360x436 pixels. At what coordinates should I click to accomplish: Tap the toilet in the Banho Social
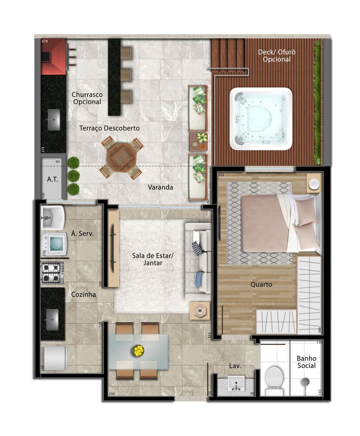tap(274, 378)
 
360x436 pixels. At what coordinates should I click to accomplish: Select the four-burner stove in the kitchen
tap(52, 272)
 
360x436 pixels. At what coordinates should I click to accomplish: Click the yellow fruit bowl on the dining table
tap(139, 350)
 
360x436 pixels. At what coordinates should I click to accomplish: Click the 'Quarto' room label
tap(261, 284)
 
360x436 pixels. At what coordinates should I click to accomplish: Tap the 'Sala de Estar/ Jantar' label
tap(153, 259)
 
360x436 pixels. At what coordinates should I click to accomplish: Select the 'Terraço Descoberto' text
tap(109, 128)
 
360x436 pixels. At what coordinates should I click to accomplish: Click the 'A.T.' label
tap(52, 179)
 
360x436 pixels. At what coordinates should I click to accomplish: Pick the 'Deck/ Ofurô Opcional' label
tap(277, 55)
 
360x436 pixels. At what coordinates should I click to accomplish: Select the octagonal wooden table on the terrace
tap(121, 157)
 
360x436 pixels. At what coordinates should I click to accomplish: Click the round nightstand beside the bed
tap(313, 184)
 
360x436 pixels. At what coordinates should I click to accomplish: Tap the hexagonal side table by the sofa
tap(200, 311)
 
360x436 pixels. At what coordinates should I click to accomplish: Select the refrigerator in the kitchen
tap(54, 358)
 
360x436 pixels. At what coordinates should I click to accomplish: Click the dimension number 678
tap(45, 41)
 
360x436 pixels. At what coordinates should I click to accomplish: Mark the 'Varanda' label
tap(160, 187)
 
